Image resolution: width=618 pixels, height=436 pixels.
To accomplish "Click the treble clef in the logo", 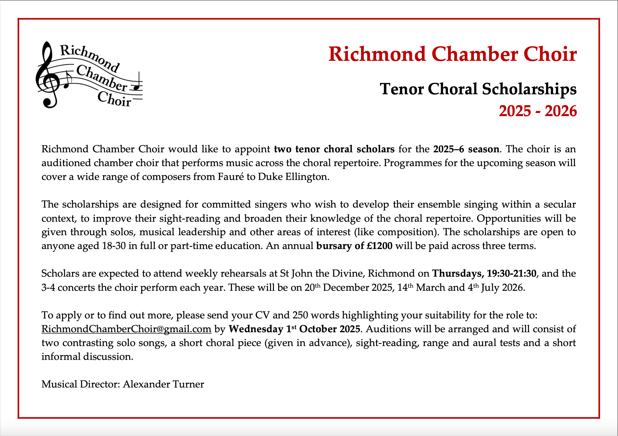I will point(48,77).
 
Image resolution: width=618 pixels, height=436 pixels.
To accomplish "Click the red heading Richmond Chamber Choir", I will point(452,54).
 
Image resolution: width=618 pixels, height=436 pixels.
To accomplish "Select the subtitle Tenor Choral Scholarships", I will point(478,89).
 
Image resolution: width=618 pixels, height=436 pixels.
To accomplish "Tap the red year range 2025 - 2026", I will point(537,111).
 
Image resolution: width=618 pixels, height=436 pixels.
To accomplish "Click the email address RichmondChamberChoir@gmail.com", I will point(126,329).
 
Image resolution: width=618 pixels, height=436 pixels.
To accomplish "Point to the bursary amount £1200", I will point(380,246).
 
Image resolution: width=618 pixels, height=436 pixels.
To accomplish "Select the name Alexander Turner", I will point(163,384).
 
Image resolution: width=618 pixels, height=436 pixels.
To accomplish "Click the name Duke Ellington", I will point(293,177).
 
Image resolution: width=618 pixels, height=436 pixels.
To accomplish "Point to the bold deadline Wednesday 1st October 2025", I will point(294,329).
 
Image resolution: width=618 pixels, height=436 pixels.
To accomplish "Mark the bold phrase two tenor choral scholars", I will point(334,149).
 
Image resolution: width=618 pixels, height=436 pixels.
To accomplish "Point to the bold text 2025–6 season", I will point(466,149).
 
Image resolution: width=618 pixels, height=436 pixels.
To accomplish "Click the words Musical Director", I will point(81,384).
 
